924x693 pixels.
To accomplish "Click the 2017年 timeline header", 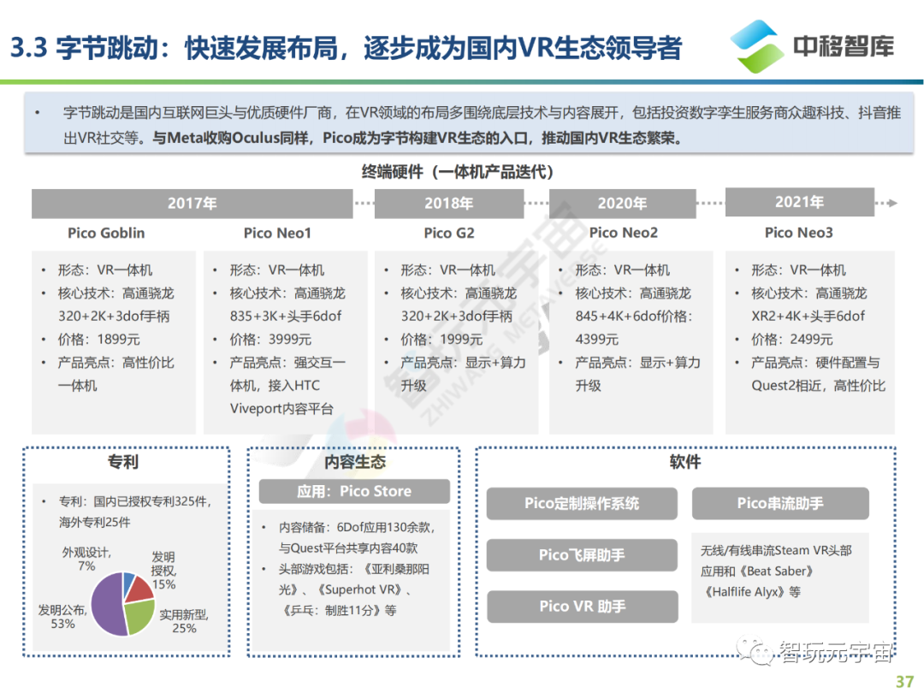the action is pyautogui.click(x=192, y=204).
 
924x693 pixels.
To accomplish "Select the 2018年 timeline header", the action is pyautogui.click(x=448, y=204).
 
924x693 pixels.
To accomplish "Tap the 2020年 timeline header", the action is pyautogui.click(x=622, y=204).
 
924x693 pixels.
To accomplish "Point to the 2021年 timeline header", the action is pyautogui.click(x=799, y=203).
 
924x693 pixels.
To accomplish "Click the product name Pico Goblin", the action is pyautogui.click(x=106, y=233).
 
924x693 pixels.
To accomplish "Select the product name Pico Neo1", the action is pyautogui.click(x=277, y=233).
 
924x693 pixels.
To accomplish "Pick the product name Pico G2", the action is pyautogui.click(x=448, y=233).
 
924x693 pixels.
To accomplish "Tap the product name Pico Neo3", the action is pyautogui.click(x=798, y=233).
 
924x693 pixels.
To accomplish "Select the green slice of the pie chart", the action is pyautogui.click(x=139, y=616).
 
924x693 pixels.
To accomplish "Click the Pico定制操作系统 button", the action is pyautogui.click(x=582, y=503).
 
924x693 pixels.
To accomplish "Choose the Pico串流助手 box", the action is pyautogui.click(x=779, y=503).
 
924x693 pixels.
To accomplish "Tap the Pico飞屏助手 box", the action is pyautogui.click(x=582, y=555).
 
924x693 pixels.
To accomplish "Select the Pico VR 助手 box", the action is pyautogui.click(x=582, y=607).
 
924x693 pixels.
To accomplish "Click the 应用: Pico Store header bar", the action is pyautogui.click(x=354, y=491).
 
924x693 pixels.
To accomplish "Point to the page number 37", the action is pyautogui.click(x=903, y=682).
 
